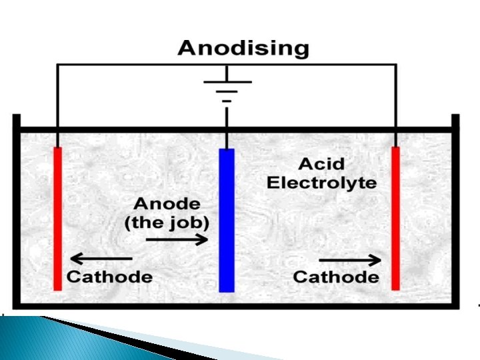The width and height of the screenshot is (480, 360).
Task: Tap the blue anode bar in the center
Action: [x=227, y=220]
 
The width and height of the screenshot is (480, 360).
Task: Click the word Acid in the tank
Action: [x=321, y=164]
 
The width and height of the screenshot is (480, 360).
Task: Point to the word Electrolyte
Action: [x=322, y=183]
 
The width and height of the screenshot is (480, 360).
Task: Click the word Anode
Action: [x=166, y=204]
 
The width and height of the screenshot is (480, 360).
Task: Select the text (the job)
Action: [x=166, y=223]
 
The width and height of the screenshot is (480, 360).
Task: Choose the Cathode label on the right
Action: [x=336, y=277]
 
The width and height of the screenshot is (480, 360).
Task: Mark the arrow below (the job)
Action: [x=177, y=240]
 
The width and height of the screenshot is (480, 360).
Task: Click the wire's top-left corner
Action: [x=58, y=65]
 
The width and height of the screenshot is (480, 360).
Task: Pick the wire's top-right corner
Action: [x=396, y=65]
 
